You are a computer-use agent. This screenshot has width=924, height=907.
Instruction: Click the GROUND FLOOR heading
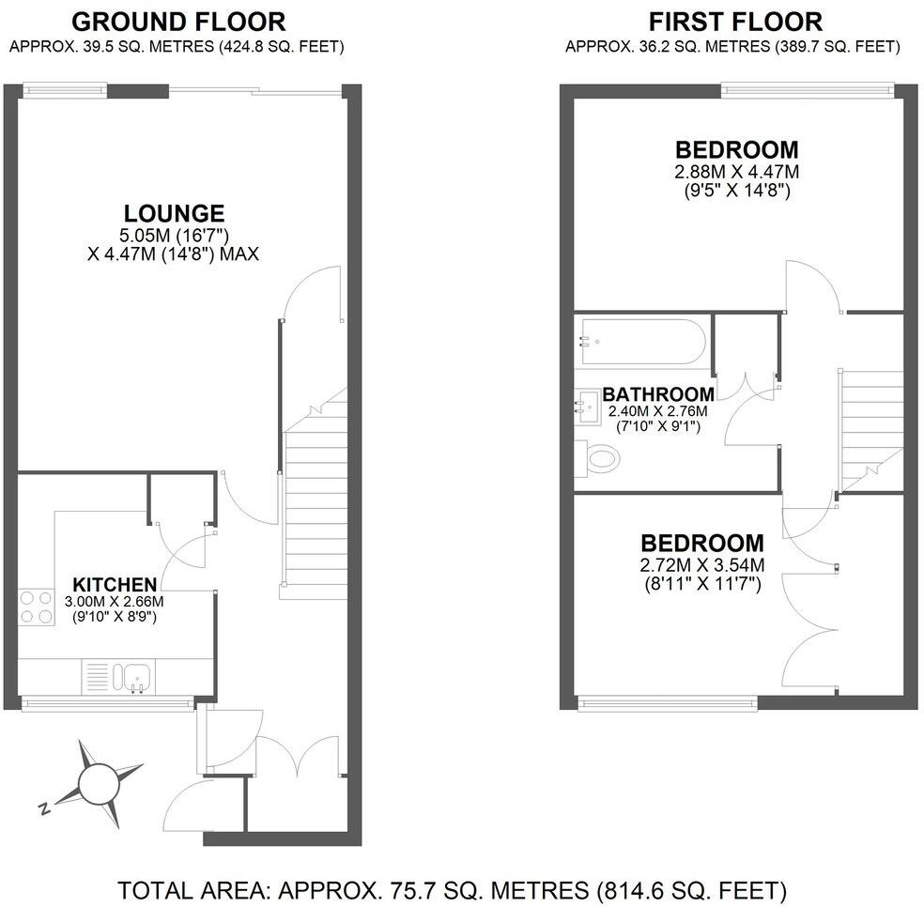pos(178,21)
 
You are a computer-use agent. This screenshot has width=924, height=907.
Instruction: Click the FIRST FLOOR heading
pos(734,21)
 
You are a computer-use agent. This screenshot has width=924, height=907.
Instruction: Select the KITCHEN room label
pos(115,584)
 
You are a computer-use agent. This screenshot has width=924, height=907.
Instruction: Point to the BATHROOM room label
pos(657,394)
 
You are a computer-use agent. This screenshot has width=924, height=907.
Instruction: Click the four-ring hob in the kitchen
pos(36,607)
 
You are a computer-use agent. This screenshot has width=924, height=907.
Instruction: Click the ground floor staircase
pos(314,507)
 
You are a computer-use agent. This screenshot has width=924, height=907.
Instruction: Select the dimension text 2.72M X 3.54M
pos(702,565)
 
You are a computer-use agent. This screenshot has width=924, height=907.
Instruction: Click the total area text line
pos(452,888)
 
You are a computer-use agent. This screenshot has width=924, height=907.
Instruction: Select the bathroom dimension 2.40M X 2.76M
pos(657,411)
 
